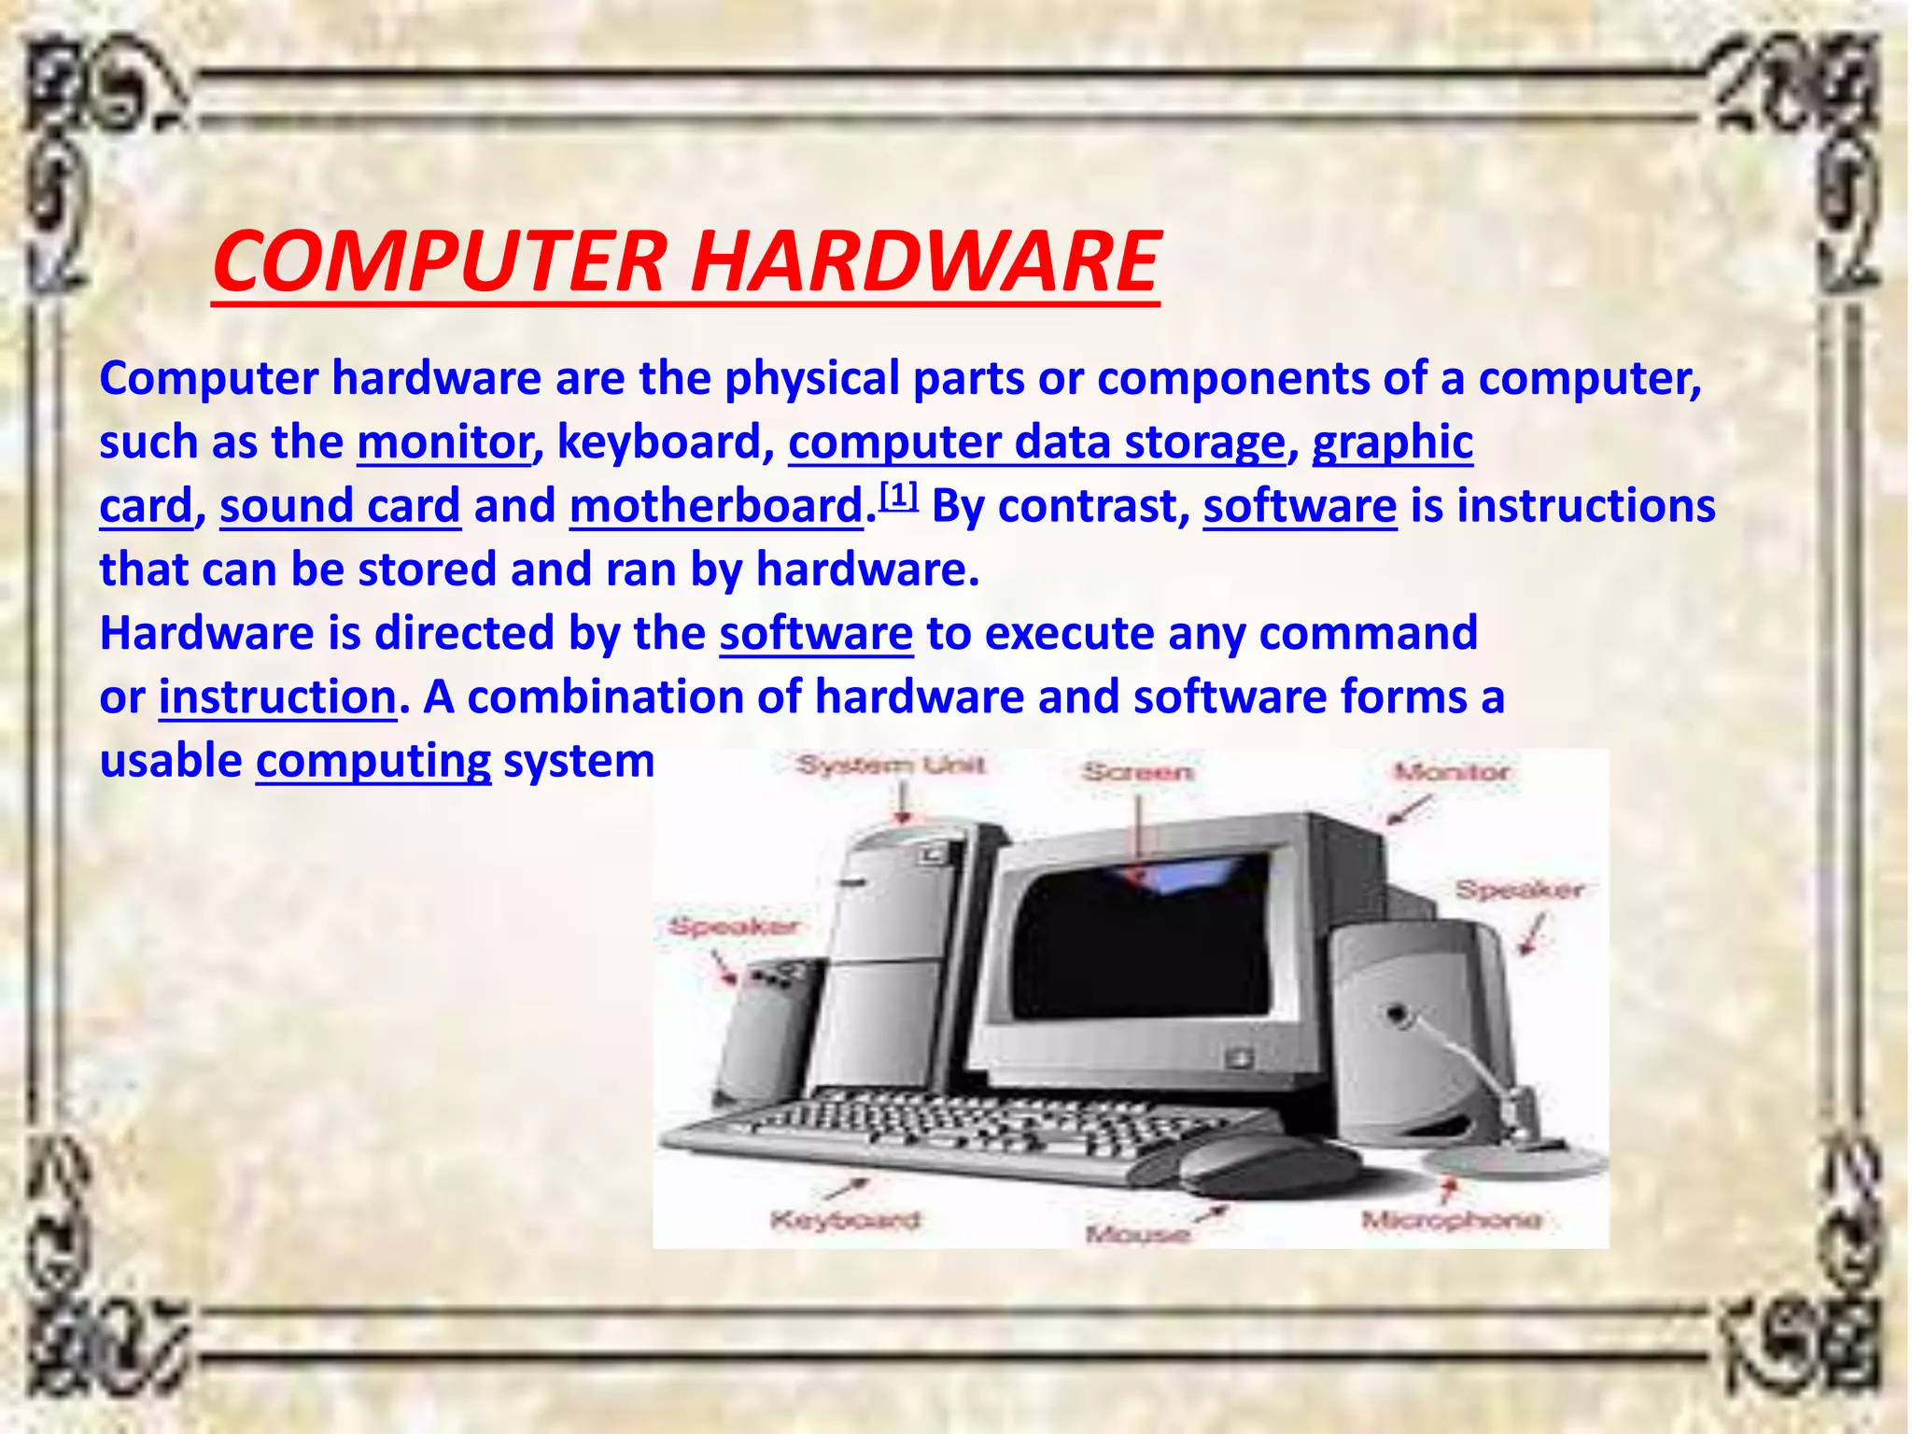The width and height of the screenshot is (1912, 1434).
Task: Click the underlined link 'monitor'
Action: pyautogui.click(x=444, y=442)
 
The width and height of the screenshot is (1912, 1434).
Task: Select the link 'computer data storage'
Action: pyautogui.click(x=1036, y=442)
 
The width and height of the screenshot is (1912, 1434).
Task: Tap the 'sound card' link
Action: pyautogui.click(x=340, y=506)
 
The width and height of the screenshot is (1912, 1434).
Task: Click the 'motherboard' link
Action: pyautogui.click(x=716, y=506)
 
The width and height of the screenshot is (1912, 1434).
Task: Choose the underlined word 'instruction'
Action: pyautogui.click(x=277, y=697)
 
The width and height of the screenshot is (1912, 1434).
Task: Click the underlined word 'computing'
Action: pyautogui.click(x=373, y=761)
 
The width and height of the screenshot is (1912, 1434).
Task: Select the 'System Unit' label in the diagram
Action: pyautogui.click(x=890, y=766)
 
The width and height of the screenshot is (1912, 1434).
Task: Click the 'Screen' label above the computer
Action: pyautogui.click(x=1137, y=772)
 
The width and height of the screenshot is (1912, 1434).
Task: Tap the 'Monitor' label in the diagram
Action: pyautogui.click(x=1451, y=772)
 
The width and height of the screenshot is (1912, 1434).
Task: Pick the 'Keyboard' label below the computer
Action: pyautogui.click(x=845, y=1219)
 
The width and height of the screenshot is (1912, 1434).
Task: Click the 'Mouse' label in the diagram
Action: pyautogui.click(x=1137, y=1234)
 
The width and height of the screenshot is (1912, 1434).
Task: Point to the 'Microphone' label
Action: pyautogui.click(x=1451, y=1219)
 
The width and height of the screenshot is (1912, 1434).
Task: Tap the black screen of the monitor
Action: pyautogui.click(x=1139, y=943)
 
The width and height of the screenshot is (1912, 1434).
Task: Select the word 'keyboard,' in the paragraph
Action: pyautogui.click(x=666, y=442)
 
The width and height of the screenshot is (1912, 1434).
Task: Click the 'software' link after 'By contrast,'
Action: pyautogui.click(x=1300, y=506)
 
